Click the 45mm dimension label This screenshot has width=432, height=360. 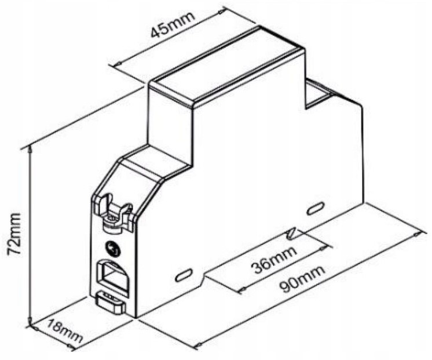click(173, 24)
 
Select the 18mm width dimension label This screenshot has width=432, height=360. click(65, 331)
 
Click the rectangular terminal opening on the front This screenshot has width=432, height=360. click(112, 277)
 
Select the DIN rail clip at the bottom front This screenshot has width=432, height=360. click(111, 303)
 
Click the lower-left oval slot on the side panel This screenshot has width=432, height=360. click(184, 275)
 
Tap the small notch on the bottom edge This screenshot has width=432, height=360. click(205, 276)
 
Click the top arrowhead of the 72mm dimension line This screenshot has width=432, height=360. click(30, 150)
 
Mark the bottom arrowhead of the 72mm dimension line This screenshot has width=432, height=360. click(30, 322)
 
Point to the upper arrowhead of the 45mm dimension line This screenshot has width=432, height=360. click(221, 12)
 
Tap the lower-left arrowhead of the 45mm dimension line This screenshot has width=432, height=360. click(119, 64)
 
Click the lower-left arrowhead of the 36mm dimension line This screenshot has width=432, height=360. click(243, 289)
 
